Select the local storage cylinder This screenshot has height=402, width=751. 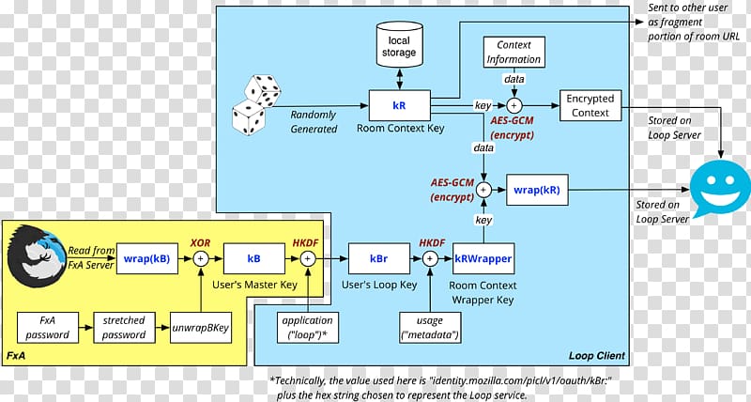pos(399,47)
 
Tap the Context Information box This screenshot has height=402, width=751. pos(513,52)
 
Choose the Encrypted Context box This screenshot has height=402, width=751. pos(589,105)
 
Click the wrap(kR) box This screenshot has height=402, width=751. pos(536,189)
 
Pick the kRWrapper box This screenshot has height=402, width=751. pos(483,256)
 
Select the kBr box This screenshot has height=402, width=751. pos(379,256)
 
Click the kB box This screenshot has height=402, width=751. pos(253,256)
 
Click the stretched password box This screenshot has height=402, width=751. pos(124,328)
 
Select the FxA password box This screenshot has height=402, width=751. pos(47,328)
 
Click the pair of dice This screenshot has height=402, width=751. pos(254,102)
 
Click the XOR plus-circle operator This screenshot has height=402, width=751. pos(200,256)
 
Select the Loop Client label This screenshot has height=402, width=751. pos(596,356)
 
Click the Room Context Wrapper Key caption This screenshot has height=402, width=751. pos(483,292)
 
